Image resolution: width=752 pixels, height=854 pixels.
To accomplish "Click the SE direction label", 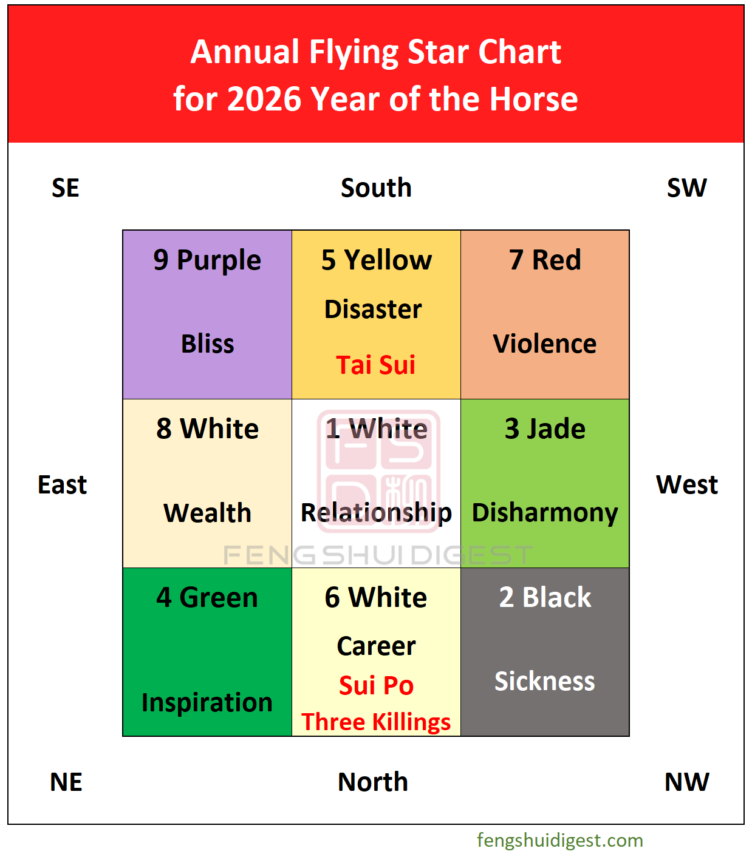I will pos(66,188).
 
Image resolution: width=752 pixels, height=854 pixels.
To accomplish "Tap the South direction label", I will pos(376,188).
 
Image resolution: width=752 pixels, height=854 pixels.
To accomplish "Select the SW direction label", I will pos(686,188).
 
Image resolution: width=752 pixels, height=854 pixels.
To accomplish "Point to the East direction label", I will pos(62,485).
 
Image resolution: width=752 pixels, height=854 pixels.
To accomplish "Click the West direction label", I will pos(686,485).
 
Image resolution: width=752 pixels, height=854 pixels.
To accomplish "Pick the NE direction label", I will pos(66,782).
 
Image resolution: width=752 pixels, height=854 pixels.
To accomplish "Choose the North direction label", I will pos(373,782).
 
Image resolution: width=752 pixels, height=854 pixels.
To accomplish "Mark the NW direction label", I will pos(686,782).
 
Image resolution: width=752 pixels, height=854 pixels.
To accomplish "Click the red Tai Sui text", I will pos(376,365).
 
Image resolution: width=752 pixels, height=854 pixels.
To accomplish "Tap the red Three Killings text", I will pos(376,722).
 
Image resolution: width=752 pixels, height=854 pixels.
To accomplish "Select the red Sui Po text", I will pos(376,685).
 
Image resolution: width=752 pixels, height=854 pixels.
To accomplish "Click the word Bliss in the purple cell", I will pos(207,344).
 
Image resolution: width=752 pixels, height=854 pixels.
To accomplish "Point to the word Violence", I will pos(544,344).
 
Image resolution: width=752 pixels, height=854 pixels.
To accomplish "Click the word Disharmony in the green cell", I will pos(545,513).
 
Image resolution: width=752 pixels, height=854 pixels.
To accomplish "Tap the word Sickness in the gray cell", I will pos(544,681).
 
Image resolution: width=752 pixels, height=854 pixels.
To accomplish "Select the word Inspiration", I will pos(207,702).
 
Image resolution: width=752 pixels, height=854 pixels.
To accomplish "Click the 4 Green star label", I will pos(207,597).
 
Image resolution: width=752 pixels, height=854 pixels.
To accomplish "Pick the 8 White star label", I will pos(207,429).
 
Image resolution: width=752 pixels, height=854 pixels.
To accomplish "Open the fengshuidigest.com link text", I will pos(559,840).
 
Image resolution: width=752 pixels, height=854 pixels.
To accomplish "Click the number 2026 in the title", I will pos(264,99).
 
